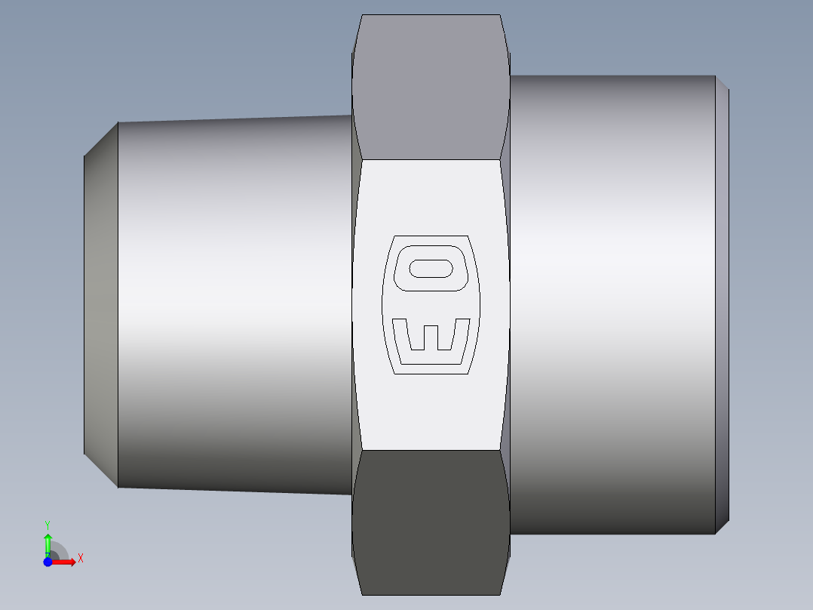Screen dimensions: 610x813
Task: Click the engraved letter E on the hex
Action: [x=431, y=340]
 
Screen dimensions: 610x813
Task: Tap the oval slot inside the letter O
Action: [x=431, y=268]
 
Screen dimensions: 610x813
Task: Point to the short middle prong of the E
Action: [x=431, y=338]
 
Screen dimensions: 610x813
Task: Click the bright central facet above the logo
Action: [x=431, y=196]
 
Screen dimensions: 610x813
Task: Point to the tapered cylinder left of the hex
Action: [x=234, y=302]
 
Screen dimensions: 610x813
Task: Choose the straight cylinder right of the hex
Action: [x=611, y=302]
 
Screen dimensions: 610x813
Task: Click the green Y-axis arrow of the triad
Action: [x=48, y=542]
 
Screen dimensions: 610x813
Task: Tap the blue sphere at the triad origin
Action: [x=48, y=562]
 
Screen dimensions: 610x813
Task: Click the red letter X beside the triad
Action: [x=80, y=559]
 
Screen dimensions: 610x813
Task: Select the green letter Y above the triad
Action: [x=48, y=524]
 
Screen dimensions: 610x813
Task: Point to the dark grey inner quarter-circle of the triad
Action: [x=54, y=554]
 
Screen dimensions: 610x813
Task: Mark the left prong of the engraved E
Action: [x=400, y=335]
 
